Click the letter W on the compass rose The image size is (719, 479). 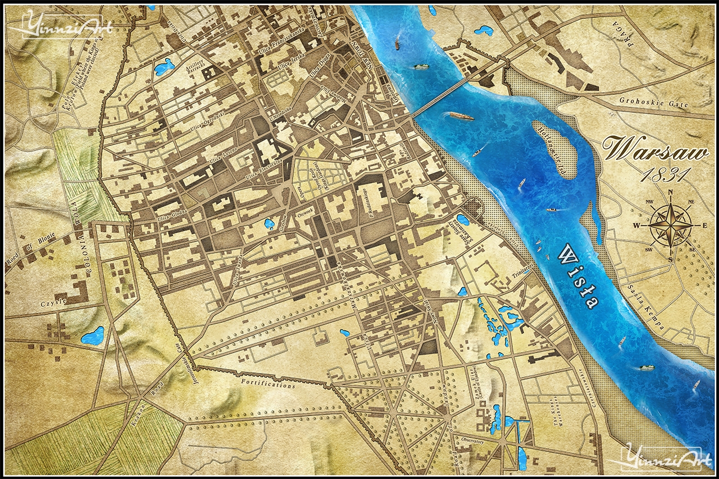(637, 225)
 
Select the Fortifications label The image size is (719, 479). (268, 384)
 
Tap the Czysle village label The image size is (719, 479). (53, 302)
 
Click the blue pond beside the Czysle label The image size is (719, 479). (93, 335)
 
